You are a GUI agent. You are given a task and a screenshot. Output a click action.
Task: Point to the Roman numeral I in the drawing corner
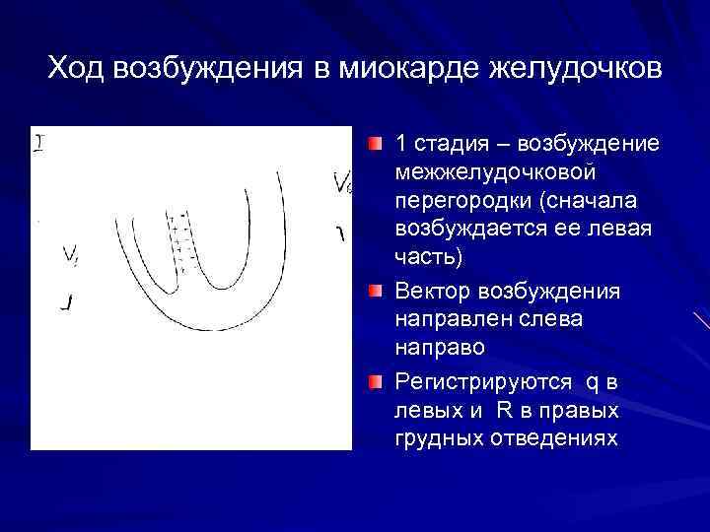pyautogui.click(x=39, y=144)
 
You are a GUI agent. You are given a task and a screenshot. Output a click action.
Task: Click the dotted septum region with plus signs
pyautogui.click(x=182, y=241)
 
